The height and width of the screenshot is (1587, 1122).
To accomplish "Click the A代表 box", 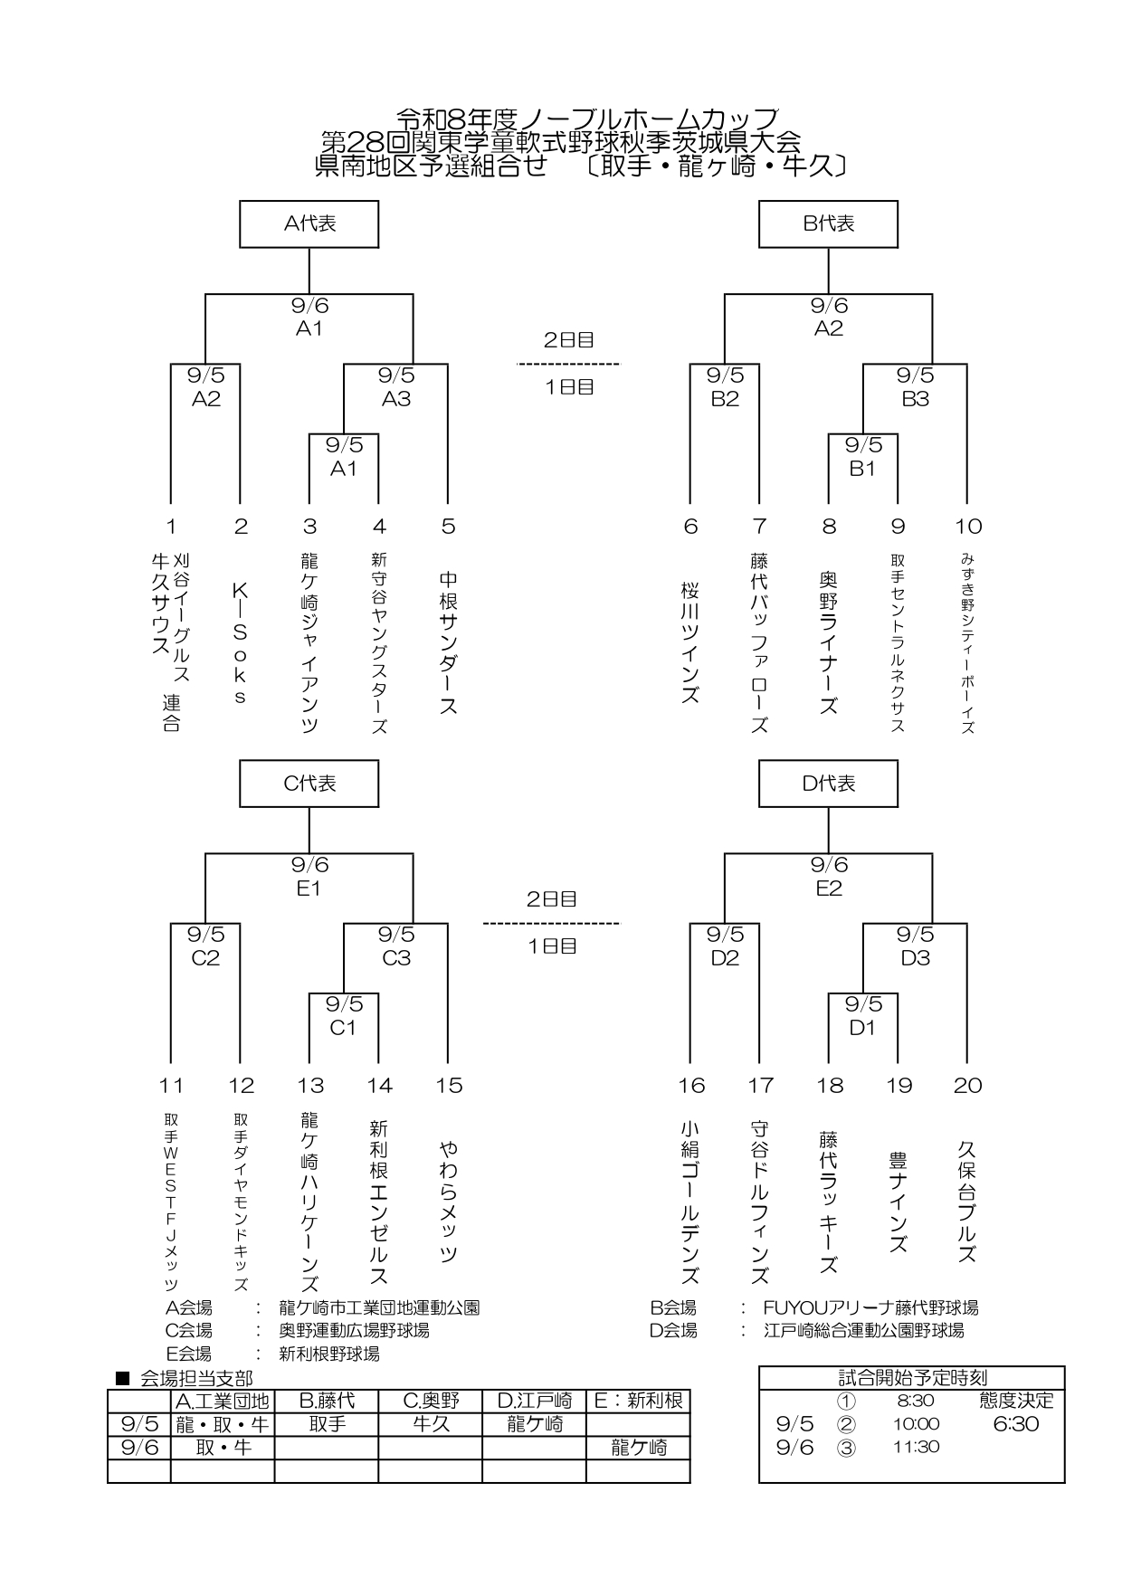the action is pos(309,223).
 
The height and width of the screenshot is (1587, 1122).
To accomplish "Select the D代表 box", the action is pos(828,783).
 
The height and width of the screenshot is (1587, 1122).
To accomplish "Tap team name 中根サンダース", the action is pos(448,642).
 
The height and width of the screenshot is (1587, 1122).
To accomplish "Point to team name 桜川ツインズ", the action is pos(690,642).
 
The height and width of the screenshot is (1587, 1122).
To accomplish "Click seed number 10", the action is pos(968,527).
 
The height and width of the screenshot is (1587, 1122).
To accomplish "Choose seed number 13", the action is pos(310,1086).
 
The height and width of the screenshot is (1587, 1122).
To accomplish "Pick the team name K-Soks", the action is pos(240,642).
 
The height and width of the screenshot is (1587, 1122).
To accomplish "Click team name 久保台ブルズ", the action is pos(967,1202).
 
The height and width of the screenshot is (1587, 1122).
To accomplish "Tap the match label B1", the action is pos(862,469).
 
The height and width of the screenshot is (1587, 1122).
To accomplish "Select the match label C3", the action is pos(396,958).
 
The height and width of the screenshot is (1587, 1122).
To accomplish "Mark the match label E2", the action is pos(829,889).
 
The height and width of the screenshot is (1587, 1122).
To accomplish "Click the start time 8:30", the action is pos(916,1401).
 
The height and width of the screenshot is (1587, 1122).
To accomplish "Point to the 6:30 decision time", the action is pos(1016,1424).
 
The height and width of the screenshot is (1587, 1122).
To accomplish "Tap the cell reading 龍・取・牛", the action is pos(223,1424).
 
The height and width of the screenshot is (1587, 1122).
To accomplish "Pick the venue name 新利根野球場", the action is pos(329,1354).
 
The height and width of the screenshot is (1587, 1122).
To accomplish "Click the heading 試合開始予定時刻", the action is pos(912,1378).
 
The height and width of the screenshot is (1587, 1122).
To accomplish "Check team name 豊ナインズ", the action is pos(899,1202).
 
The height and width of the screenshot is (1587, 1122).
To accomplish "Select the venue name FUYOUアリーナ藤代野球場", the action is pos(870,1307).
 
